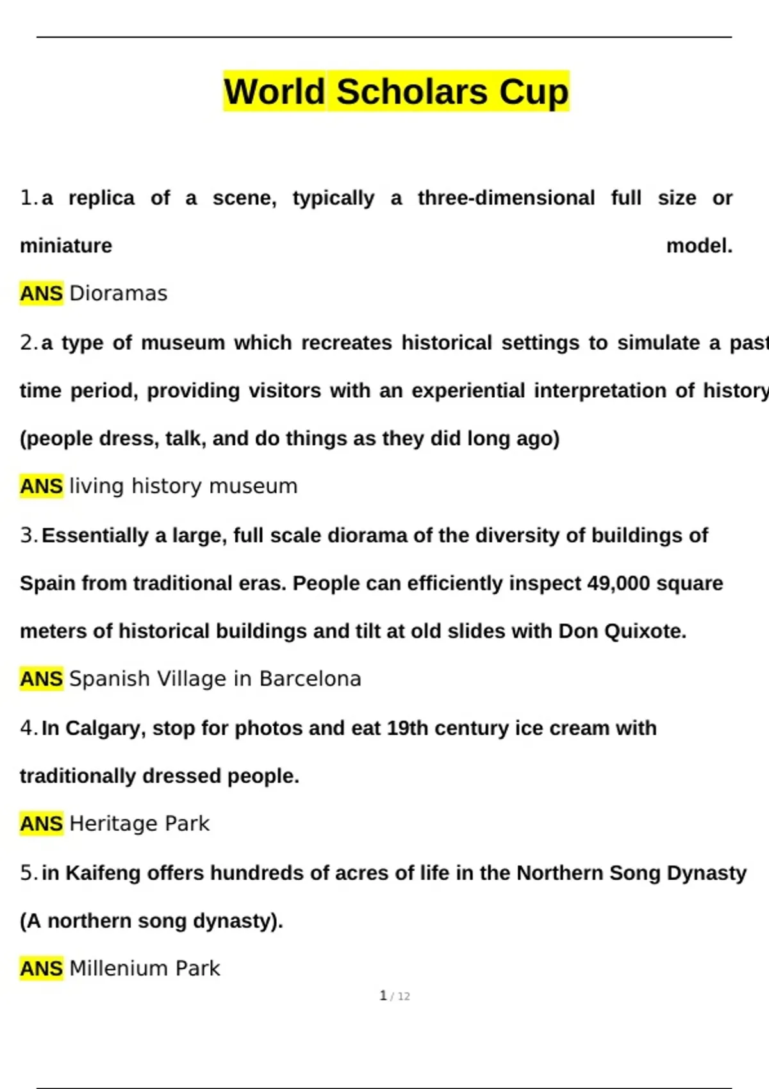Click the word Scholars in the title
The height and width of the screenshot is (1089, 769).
[413, 92]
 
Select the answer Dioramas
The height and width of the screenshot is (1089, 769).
[118, 293]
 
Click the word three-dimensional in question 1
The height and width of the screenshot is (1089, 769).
[506, 198]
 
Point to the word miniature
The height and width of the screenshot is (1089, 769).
[66, 246]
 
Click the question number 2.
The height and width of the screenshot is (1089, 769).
[28, 343]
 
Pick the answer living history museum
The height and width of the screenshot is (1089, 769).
[183, 486]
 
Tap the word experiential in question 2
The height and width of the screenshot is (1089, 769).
[468, 391]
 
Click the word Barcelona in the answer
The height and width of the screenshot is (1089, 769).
[310, 679]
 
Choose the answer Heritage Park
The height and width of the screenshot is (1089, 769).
[139, 824]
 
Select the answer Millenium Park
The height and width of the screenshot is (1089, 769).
[144, 969]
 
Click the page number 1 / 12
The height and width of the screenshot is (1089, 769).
[395, 996]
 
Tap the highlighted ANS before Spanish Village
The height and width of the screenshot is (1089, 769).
[42, 679]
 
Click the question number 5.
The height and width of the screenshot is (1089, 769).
[28, 873]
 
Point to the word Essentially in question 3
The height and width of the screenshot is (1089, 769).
[95, 536]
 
